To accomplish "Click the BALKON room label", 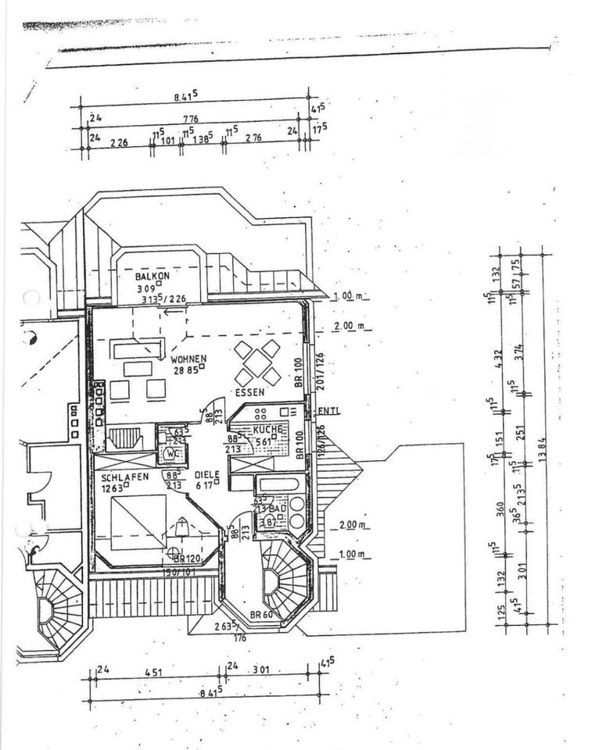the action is coord(152,277).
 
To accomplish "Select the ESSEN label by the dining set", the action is coord(249,392).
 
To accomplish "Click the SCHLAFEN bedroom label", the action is coord(123,477).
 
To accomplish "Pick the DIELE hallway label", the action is coord(207,474).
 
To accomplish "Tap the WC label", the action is coord(171,452).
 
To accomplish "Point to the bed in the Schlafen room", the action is coord(138,522).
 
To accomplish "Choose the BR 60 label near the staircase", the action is coord(260,615).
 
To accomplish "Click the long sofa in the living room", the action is coord(138,348).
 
